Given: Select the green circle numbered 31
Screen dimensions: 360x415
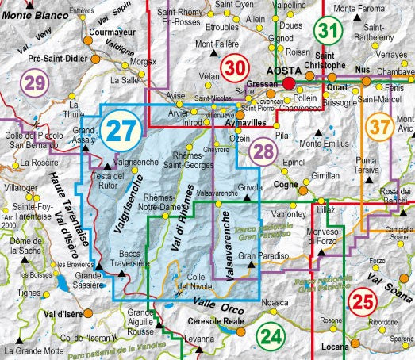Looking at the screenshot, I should (x=326, y=30).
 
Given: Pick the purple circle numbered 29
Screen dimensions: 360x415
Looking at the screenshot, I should (x=34, y=82).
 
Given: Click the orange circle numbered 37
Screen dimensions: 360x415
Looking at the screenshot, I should (x=379, y=124).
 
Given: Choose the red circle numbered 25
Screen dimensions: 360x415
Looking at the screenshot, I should (x=364, y=301).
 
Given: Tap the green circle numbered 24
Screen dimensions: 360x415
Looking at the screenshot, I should (x=271, y=336).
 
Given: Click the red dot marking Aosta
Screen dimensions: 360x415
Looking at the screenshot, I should (x=289, y=82).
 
